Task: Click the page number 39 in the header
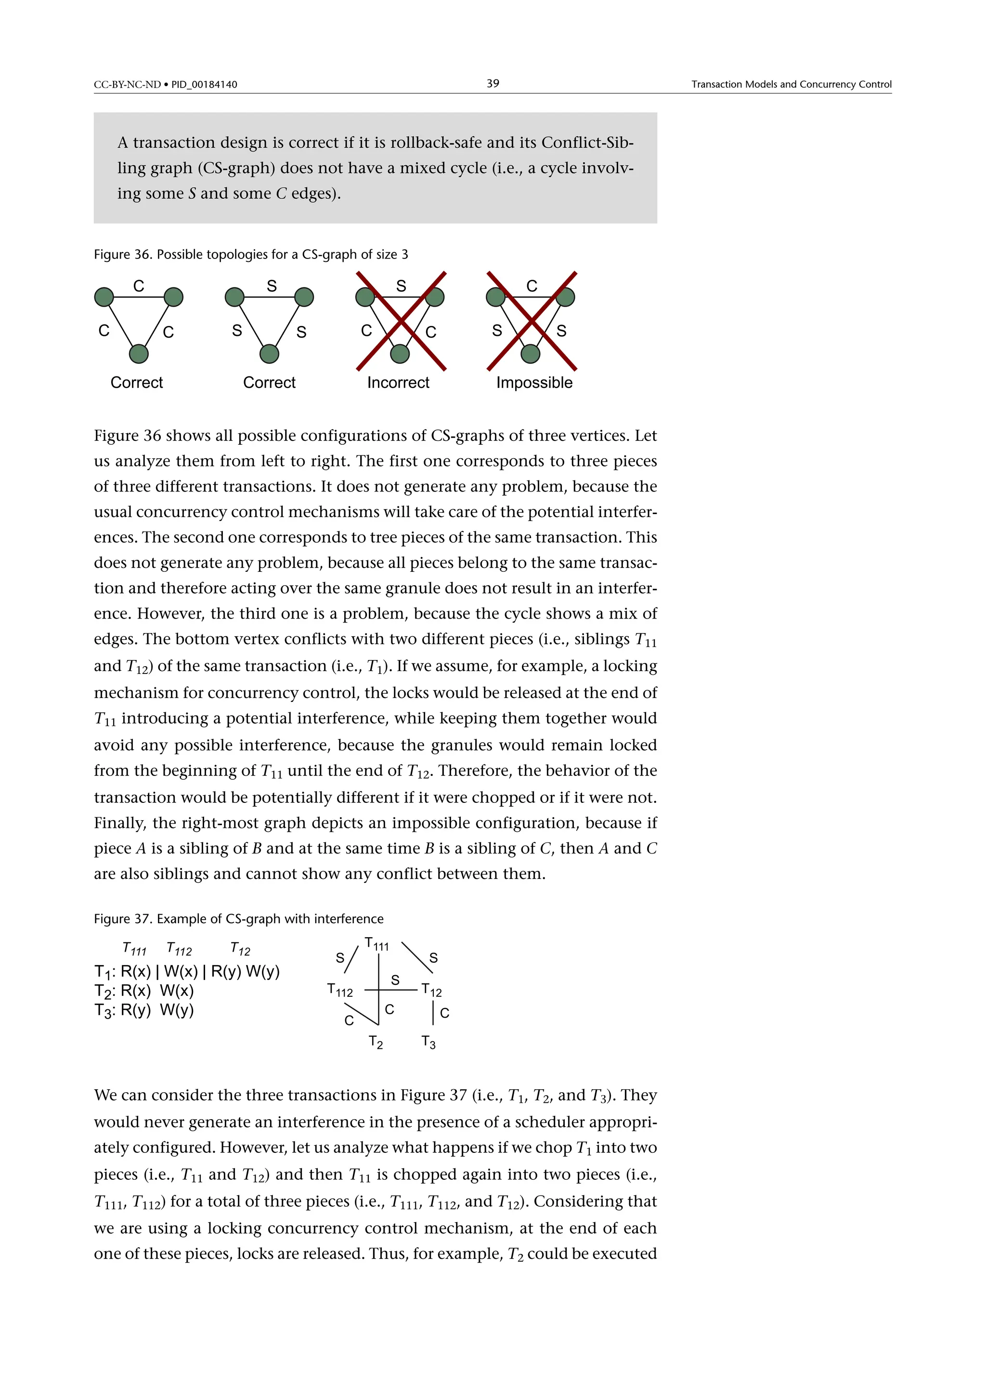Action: point(493,83)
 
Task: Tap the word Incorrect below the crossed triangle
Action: point(398,383)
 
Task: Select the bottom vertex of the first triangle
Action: point(139,353)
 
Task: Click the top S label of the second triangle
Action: point(272,286)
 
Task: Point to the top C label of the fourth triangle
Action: point(532,286)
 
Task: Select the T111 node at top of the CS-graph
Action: point(376,945)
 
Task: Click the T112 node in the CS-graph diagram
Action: point(340,990)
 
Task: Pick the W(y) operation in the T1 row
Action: point(263,971)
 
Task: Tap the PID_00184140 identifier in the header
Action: point(204,84)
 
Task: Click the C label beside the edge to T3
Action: point(444,1013)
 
